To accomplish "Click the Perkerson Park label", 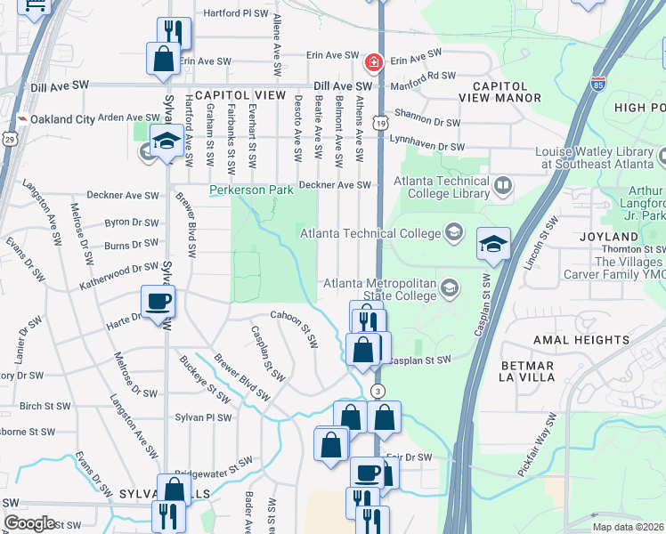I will tap(251, 190).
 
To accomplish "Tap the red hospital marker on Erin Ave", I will tap(373, 62).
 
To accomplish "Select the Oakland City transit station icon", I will tap(20, 118).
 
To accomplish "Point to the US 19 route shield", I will tap(380, 123).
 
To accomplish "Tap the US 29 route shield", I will tap(9, 139).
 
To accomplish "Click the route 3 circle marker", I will tap(378, 391).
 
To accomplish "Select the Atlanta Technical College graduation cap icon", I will tap(454, 233).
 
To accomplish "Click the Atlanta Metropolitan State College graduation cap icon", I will tap(450, 287).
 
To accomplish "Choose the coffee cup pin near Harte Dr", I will tap(158, 302).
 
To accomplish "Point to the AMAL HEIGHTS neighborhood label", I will tap(581, 340).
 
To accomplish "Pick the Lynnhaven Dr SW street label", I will tap(427, 146).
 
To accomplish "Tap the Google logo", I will tap(29, 523).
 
